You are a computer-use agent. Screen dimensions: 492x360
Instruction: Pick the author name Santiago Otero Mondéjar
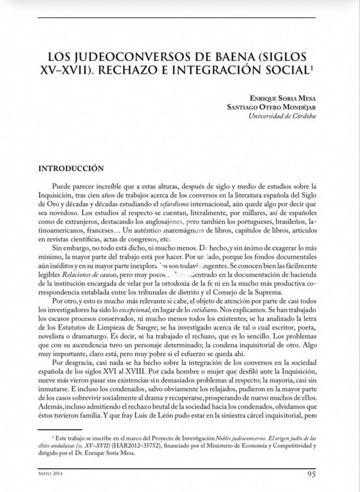pyautogui.click(x=271, y=107)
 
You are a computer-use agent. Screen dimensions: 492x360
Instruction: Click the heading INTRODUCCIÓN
pyautogui.click(x=71, y=168)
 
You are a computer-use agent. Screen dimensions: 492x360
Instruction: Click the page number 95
pyautogui.click(x=311, y=474)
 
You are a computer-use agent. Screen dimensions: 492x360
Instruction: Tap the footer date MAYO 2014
pyautogui.click(x=50, y=474)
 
